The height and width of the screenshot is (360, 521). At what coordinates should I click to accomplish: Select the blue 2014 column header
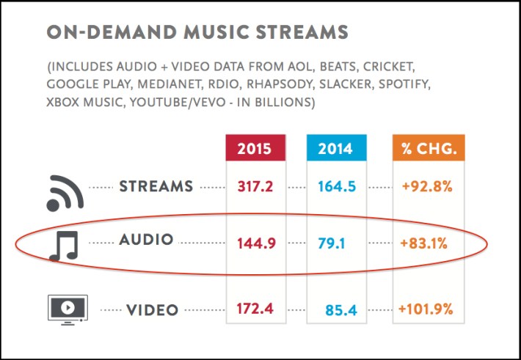[x=336, y=149]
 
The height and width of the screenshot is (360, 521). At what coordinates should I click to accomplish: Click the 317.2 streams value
[x=255, y=186]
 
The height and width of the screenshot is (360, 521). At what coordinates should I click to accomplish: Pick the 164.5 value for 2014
[x=337, y=186]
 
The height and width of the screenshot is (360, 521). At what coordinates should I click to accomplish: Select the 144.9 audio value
[x=256, y=243]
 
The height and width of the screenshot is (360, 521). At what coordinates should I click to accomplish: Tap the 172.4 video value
[x=255, y=309]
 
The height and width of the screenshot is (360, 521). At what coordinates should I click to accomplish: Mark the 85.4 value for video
[x=340, y=311]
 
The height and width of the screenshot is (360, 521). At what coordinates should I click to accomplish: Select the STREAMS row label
[x=156, y=186]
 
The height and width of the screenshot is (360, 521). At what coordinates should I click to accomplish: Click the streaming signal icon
[x=65, y=191]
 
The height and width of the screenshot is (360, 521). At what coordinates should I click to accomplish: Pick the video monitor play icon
[x=67, y=308]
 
